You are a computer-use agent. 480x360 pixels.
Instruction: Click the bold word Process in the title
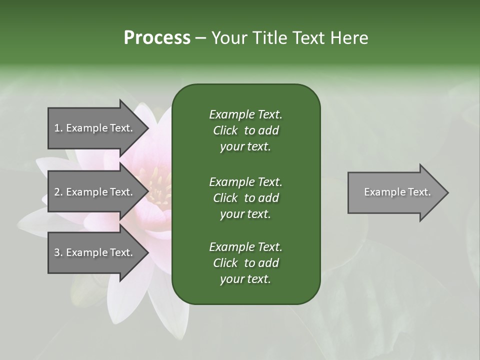157,38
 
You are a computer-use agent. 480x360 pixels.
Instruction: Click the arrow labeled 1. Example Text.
95,128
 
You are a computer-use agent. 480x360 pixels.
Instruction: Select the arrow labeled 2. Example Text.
95,192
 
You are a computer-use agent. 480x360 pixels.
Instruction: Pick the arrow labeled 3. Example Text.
95,252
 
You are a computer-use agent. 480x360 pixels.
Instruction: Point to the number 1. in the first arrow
58,128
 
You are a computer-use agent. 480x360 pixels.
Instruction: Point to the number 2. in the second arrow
58,192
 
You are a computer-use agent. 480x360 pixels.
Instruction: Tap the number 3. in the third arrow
58,252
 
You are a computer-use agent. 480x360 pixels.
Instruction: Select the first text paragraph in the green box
245,130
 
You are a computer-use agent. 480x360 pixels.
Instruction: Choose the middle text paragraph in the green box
245,197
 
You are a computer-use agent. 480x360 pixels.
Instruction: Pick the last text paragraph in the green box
245,263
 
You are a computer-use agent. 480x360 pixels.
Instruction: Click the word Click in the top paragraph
225,130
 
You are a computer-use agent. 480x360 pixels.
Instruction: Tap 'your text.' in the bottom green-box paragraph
245,279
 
